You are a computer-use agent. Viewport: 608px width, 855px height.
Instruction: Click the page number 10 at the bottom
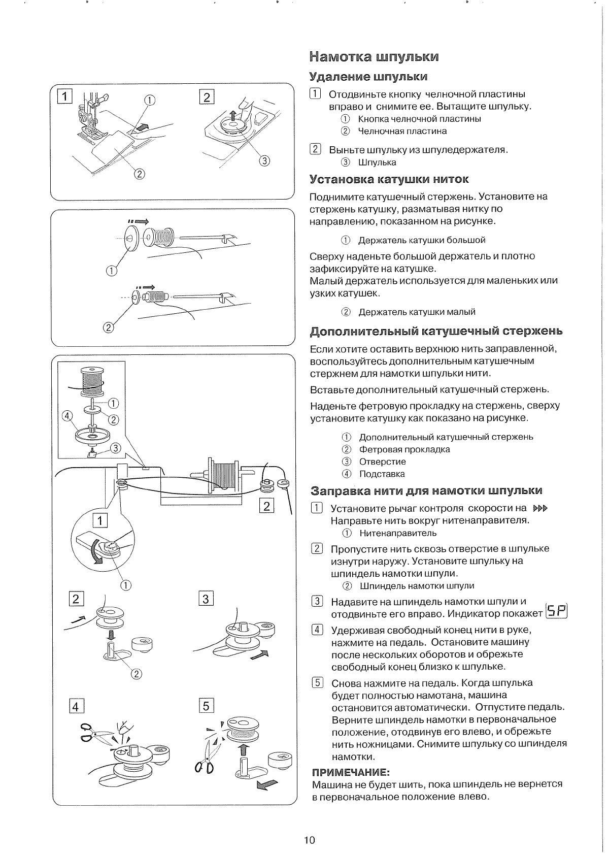coord(310,840)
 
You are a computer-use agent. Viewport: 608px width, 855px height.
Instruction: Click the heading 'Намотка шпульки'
coord(374,56)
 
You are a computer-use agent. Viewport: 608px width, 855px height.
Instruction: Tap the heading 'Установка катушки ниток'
coord(389,179)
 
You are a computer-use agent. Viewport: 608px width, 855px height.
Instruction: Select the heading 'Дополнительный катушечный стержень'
coord(436,332)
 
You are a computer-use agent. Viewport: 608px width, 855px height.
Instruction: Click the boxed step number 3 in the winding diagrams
coord(206,599)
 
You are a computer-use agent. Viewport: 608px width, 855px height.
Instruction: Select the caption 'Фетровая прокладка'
coord(404,449)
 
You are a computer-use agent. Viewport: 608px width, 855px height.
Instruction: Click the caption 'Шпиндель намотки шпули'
coord(417,586)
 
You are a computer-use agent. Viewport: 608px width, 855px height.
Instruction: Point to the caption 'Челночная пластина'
coord(402,131)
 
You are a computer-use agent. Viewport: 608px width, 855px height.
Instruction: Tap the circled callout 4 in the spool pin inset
coord(65,416)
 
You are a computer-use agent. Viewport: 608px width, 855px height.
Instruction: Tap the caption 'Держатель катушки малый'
coord(417,312)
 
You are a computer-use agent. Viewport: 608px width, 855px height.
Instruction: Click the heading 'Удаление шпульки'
coord(368,77)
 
